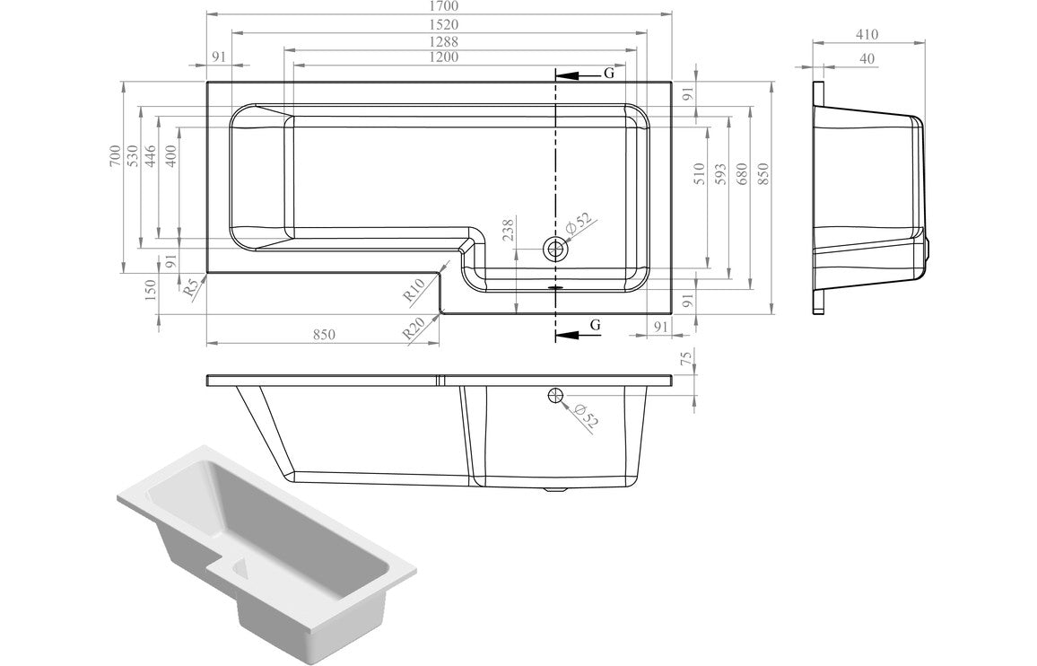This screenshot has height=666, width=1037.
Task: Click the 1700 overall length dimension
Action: point(440,6)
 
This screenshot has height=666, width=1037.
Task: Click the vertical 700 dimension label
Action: point(114,157)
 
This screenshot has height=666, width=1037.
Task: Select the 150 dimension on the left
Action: point(151,289)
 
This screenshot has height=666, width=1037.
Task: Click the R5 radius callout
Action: point(189,290)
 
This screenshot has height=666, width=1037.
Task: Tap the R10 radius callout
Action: point(413,290)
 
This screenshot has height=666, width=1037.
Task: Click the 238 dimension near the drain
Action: point(509,231)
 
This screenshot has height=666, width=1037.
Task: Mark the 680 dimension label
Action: point(742,173)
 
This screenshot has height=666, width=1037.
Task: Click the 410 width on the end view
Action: point(867,34)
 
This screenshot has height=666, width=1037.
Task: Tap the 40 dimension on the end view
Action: point(867,58)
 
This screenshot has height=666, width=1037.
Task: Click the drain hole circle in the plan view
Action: point(556,249)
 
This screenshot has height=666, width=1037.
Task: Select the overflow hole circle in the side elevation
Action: point(554,396)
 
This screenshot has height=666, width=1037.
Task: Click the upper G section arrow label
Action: point(608,74)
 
